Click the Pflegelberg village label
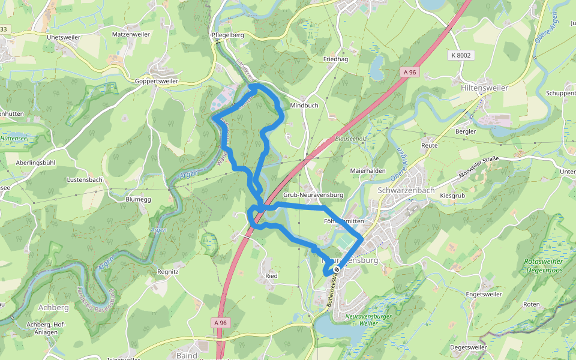coord(228,35)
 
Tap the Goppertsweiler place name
coord(157,80)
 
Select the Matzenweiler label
coord(131,35)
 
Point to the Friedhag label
coord(335,59)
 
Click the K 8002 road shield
coord(460,55)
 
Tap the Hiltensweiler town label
coord(484,88)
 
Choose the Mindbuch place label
coord(304,105)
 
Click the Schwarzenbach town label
coord(406,190)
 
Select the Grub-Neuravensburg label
coord(313,195)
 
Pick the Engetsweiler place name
coord(484,295)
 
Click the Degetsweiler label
coord(468,347)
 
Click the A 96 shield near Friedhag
coord(409,72)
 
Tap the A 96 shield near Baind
coord(221,323)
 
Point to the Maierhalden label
coord(368,170)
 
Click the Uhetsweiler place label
coord(63,37)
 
